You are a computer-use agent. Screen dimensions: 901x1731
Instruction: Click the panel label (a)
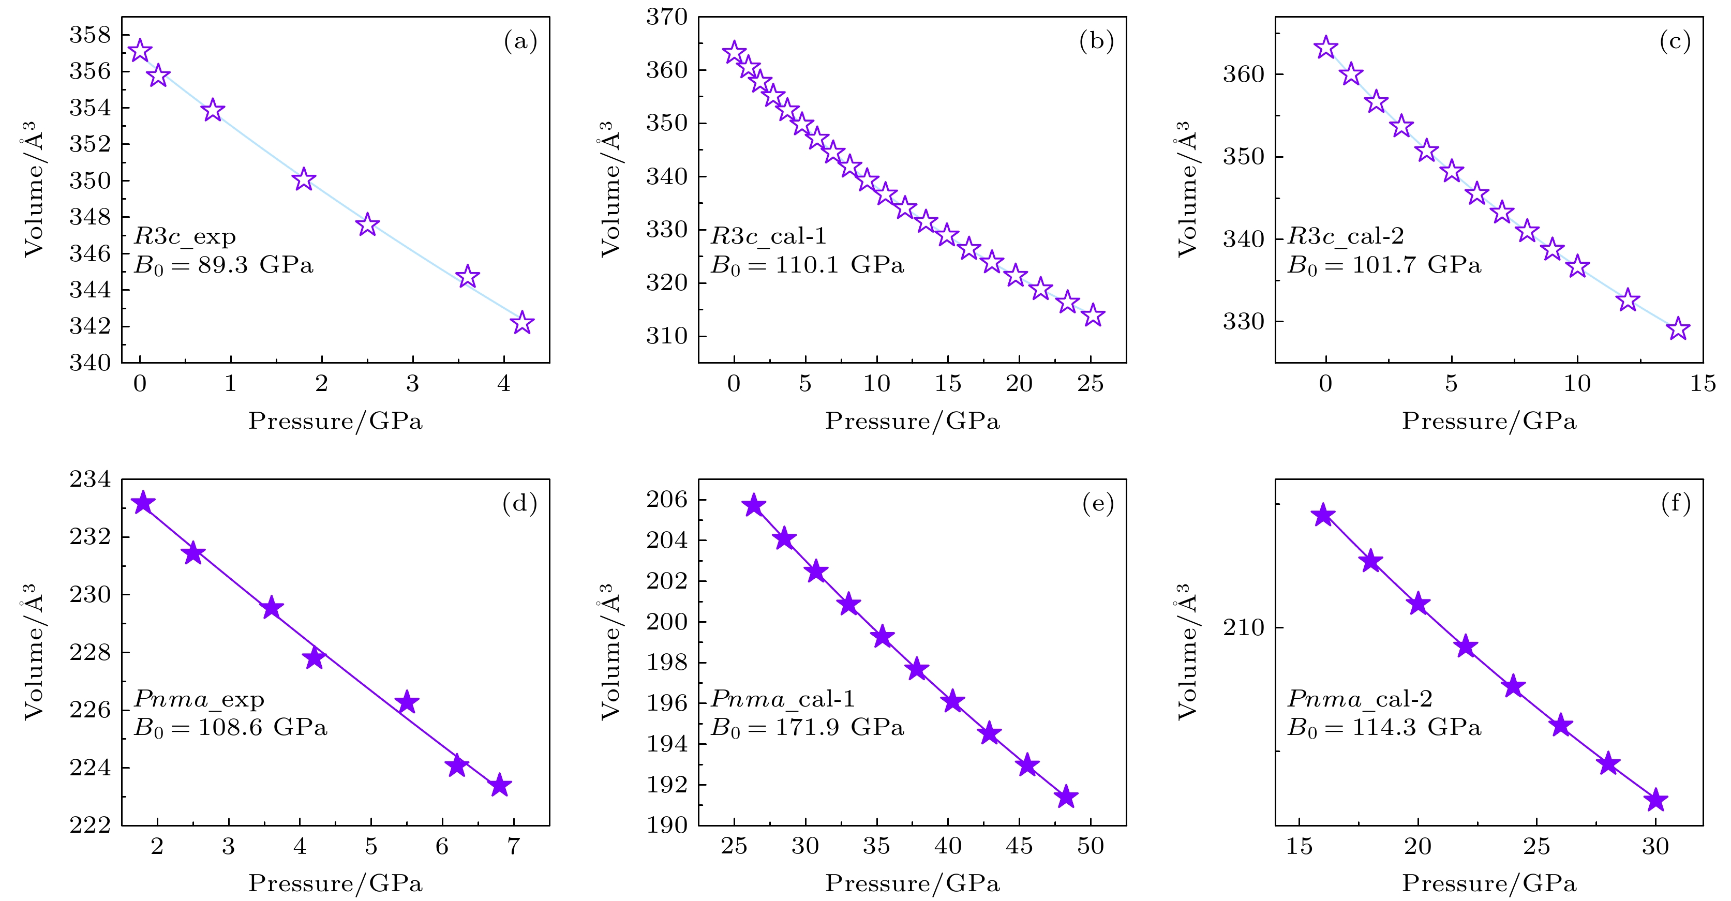click(520, 42)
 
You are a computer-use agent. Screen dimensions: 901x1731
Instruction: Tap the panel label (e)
click(1097, 503)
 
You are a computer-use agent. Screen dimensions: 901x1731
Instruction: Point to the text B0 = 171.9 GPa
click(807, 728)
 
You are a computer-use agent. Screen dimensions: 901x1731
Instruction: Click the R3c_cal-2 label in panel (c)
click(1345, 236)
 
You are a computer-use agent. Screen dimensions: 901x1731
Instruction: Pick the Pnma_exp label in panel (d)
click(199, 699)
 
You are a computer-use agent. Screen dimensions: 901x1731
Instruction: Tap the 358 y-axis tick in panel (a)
click(90, 35)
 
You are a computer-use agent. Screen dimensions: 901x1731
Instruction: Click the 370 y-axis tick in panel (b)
click(667, 18)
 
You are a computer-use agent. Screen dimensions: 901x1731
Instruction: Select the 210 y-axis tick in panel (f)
click(1243, 627)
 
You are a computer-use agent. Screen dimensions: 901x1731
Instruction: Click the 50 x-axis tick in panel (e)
click(1090, 846)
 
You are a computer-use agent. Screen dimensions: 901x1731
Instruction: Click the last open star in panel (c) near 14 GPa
click(1678, 328)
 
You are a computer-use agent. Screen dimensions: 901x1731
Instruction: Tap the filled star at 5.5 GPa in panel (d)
click(407, 703)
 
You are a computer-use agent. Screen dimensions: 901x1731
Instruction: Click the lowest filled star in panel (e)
click(1066, 798)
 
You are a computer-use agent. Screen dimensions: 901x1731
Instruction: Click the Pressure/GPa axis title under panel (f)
click(1488, 883)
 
